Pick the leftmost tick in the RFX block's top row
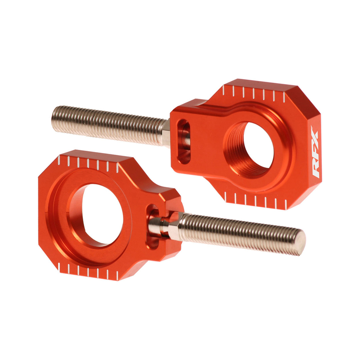[x=234, y=92]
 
